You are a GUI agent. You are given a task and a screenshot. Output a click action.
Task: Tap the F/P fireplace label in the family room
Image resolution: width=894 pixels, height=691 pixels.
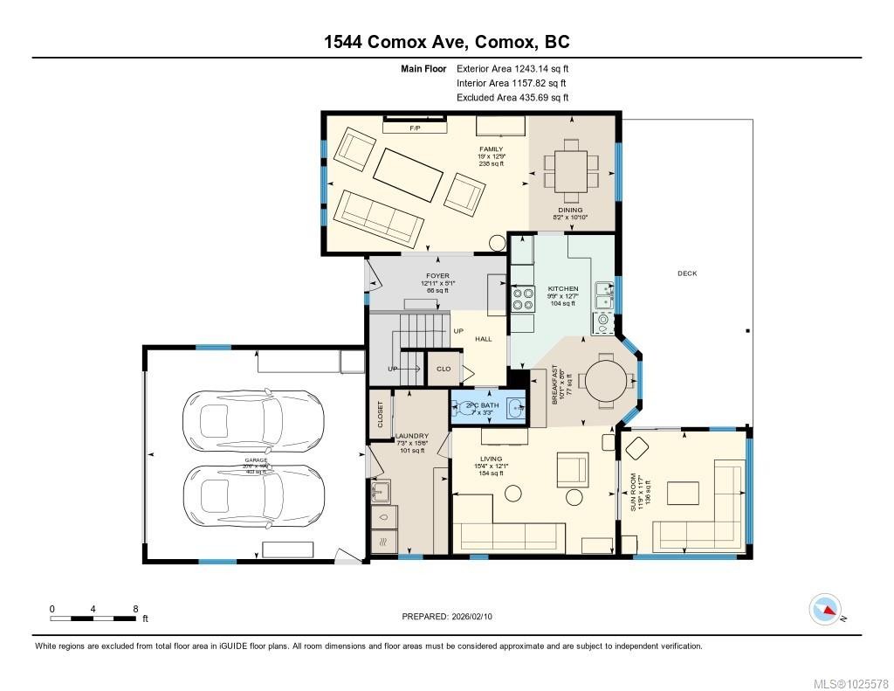pos(416,128)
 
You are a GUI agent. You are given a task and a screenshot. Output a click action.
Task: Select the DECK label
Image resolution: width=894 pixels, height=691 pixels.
pos(686,273)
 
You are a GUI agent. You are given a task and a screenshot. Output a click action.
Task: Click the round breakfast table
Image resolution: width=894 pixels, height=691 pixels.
pos(604,380)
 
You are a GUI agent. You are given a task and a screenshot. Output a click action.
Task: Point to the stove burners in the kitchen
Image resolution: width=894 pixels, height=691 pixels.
pos(522,300)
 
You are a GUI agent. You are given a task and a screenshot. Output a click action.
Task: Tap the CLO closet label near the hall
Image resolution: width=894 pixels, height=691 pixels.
pos(444,369)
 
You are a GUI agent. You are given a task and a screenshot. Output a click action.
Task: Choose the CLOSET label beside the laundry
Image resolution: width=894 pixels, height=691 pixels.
pos(381,415)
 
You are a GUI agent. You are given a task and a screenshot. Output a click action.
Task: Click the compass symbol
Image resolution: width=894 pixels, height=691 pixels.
pos(825,609)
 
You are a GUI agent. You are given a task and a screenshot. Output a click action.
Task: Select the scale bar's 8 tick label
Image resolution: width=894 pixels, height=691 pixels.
pos(134,609)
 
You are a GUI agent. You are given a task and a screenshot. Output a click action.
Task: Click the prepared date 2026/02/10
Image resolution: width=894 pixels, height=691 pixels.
pos(452,617)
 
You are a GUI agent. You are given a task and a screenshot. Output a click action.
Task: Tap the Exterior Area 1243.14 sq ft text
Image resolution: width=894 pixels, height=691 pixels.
pos(513,68)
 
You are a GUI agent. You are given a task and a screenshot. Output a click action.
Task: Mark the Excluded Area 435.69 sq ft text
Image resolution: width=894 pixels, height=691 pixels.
pos(513,98)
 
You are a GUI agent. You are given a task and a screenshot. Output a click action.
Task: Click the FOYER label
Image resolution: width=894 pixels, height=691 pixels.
pos(437,276)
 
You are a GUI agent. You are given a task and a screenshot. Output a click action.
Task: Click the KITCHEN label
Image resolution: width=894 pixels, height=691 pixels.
pos(562,288)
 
